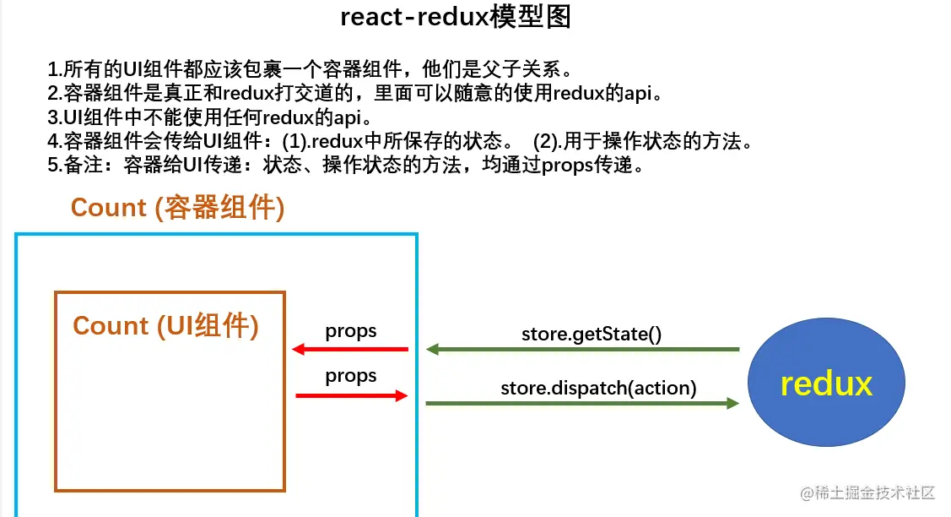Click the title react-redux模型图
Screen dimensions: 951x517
point(456,17)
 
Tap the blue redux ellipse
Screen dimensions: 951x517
point(826,382)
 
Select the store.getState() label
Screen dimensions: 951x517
point(592,335)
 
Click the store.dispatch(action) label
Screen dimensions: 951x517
point(598,388)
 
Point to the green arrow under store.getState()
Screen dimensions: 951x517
point(583,350)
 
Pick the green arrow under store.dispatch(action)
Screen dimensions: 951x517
point(582,403)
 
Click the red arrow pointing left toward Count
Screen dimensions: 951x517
point(350,350)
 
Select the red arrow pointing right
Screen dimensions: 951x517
point(351,396)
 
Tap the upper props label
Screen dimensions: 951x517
point(350,331)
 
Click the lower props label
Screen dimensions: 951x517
point(350,376)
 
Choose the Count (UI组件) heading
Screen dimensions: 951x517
point(165,325)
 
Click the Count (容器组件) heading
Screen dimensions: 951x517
point(178,208)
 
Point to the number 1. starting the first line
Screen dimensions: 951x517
point(55,69)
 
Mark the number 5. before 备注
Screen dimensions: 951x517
point(55,166)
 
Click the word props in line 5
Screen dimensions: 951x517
point(567,166)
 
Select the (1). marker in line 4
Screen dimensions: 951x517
point(296,142)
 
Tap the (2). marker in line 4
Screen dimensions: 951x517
point(548,142)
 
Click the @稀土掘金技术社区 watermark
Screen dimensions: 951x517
point(868,493)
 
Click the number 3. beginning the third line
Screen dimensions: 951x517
point(55,117)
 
